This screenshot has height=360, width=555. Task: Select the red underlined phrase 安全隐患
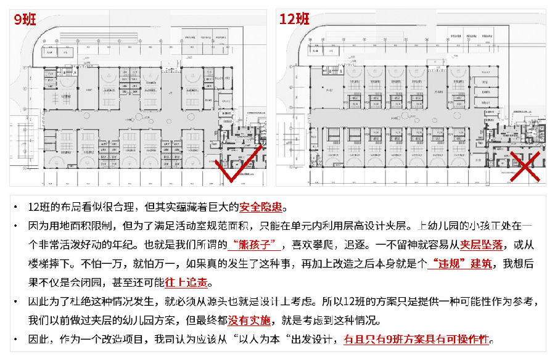point(263,207)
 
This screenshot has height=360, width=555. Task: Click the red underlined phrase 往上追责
point(187,284)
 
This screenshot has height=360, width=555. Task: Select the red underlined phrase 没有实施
point(249,321)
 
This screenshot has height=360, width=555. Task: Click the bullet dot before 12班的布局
point(17,207)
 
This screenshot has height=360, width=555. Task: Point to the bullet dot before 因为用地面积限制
point(17,226)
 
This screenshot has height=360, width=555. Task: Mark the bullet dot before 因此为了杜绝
point(17,302)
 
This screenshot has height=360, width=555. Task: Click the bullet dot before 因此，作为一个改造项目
point(17,340)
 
